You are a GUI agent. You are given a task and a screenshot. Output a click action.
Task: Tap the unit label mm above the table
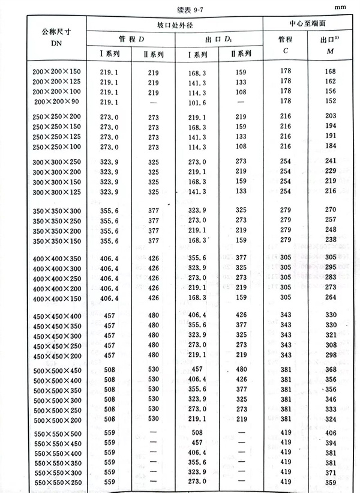click(x=340, y=8)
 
